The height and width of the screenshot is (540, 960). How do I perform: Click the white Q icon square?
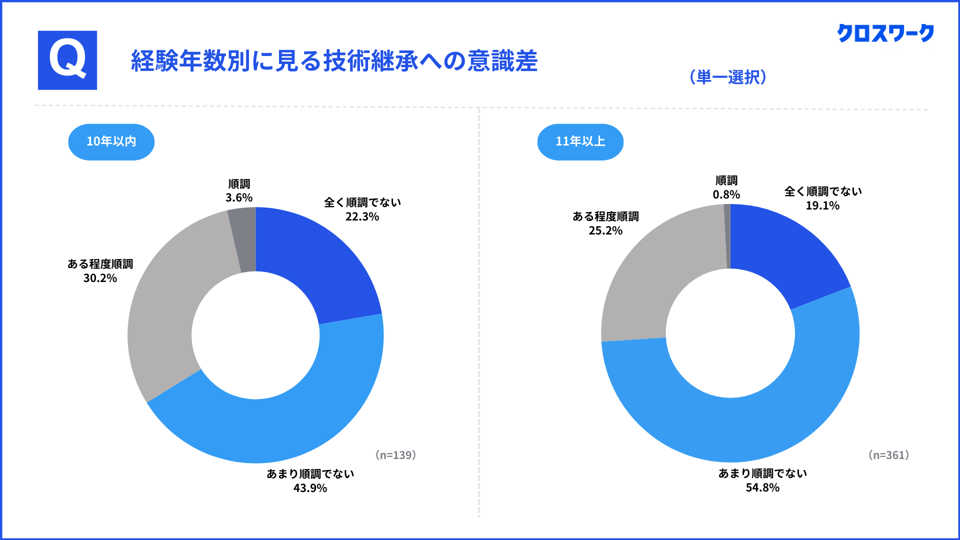coord(67,60)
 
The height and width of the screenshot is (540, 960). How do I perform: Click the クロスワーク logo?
coord(885,33)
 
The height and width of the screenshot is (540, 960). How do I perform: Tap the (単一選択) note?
coord(728,77)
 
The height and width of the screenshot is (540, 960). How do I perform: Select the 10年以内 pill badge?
coord(111,141)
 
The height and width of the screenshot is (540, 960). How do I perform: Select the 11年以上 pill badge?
coord(580,141)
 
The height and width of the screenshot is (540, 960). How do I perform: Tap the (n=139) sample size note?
coord(395,455)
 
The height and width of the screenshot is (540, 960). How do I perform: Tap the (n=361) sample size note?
coord(888,455)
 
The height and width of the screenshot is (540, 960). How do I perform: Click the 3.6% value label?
coord(239,198)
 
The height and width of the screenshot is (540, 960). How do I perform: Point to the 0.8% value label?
coord(726,194)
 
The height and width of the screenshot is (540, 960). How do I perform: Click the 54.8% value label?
coord(762,487)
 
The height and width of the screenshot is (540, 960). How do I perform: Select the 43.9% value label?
coord(310,488)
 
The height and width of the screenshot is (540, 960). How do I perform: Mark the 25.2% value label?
coord(605,230)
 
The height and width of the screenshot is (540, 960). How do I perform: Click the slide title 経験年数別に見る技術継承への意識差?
coord(334,61)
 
